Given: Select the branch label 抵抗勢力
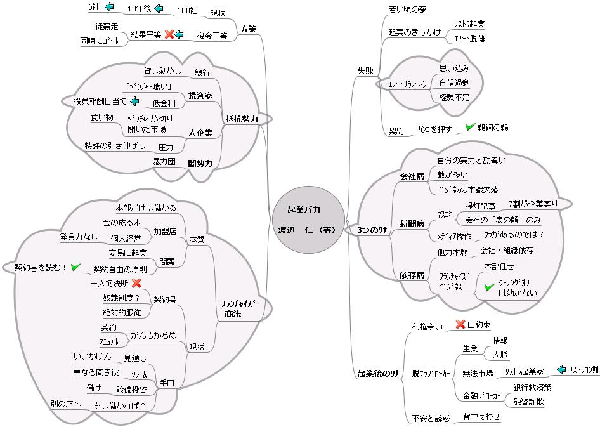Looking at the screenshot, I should pyautogui.click(x=241, y=119).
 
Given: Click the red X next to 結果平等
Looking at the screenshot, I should pyautogui.click(x=169, y=34).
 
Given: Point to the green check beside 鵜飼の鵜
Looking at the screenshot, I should pyautogui.click(x=470, y=128).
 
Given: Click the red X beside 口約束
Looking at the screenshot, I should pyautogui.click(x=460, y=325).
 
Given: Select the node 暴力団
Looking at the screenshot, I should pyautogui.click(x=164, y=162).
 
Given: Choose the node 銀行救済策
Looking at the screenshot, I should pyautogui.click(x=532, y=388).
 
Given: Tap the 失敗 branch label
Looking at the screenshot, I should pyautogui.click(x=366, y=70).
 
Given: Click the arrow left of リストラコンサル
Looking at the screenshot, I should pyautogui.click(x=561, y=369).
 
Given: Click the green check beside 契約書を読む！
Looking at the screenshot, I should pyautogui.click(x=76, y=267).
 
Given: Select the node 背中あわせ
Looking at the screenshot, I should pyautogui.click(x=481, y=417).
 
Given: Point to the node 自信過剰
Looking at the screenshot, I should pyautogui.click(x=454, y=82).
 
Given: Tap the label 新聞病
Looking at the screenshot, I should pyautogui.click(x=412, y=223).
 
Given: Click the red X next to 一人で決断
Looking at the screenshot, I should pyautogui.click(x=136, y=283).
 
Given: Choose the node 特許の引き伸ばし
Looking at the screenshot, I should pyautogui.click(x=115, y=146).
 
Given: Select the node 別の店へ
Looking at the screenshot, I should pyautogui.click(x=66, y=404).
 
